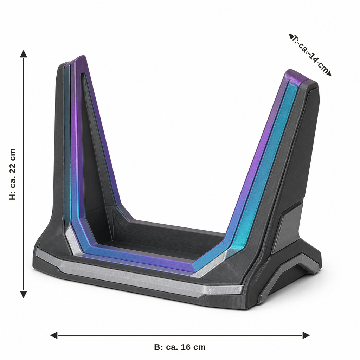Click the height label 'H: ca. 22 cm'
pos(13,174)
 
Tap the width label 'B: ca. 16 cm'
pos(180,347)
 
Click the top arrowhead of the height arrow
pos(24,54)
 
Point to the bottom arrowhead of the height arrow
pos(24,294)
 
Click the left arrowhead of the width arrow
pos(54,335)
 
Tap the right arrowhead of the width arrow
pos(306,335)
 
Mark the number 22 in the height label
pos(13,166)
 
